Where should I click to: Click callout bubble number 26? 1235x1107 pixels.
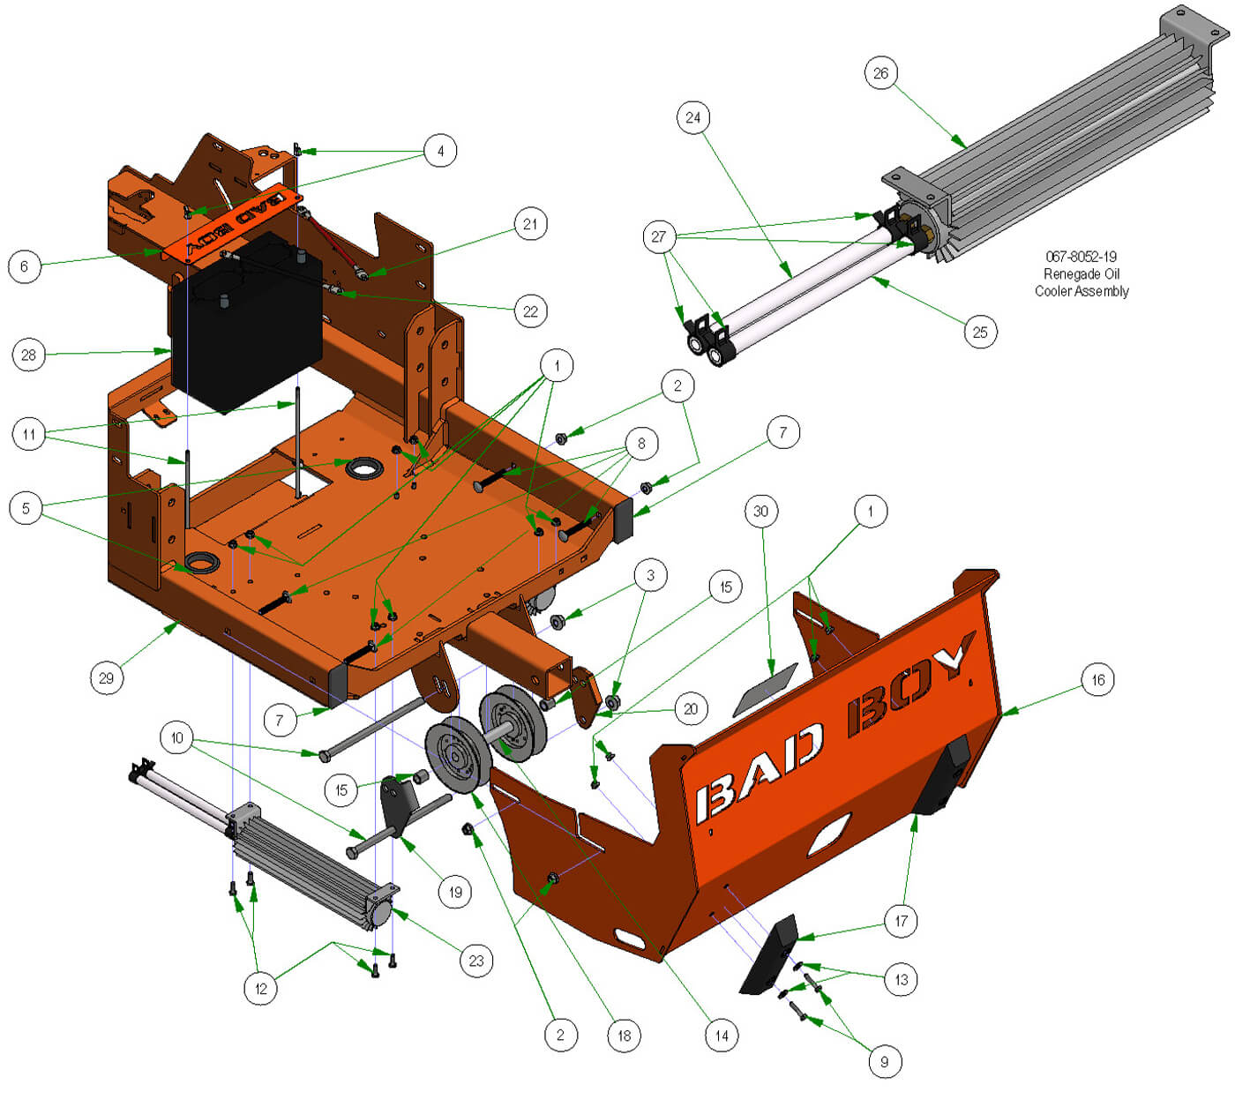tap(880, 73)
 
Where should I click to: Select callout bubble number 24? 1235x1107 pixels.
tap(693, 117)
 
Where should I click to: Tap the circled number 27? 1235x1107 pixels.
tap(659, 236)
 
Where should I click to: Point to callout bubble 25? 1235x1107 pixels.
tap(979, 333)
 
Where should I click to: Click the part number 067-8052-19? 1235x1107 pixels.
tap(1081, 257)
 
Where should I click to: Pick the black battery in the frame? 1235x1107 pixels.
tap(246, 322)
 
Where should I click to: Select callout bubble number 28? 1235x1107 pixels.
tap(28, 355)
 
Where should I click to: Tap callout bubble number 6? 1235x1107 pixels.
tap(25, 266)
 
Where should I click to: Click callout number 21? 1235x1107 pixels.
tap(530, 224)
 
